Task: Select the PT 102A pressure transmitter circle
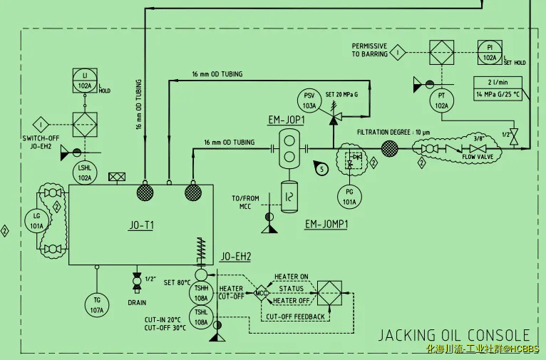[442, 101]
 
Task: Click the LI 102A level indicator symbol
[85, 81]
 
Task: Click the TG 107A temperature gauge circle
[96, 304]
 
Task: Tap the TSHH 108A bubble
[201, 292]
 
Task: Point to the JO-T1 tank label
[142, 225]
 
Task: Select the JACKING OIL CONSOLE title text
[453, 335]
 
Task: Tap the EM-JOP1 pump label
[287, 120]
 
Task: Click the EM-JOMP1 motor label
[326, 224]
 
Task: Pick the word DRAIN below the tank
[137, 302]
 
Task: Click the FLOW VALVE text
[478, 156]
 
